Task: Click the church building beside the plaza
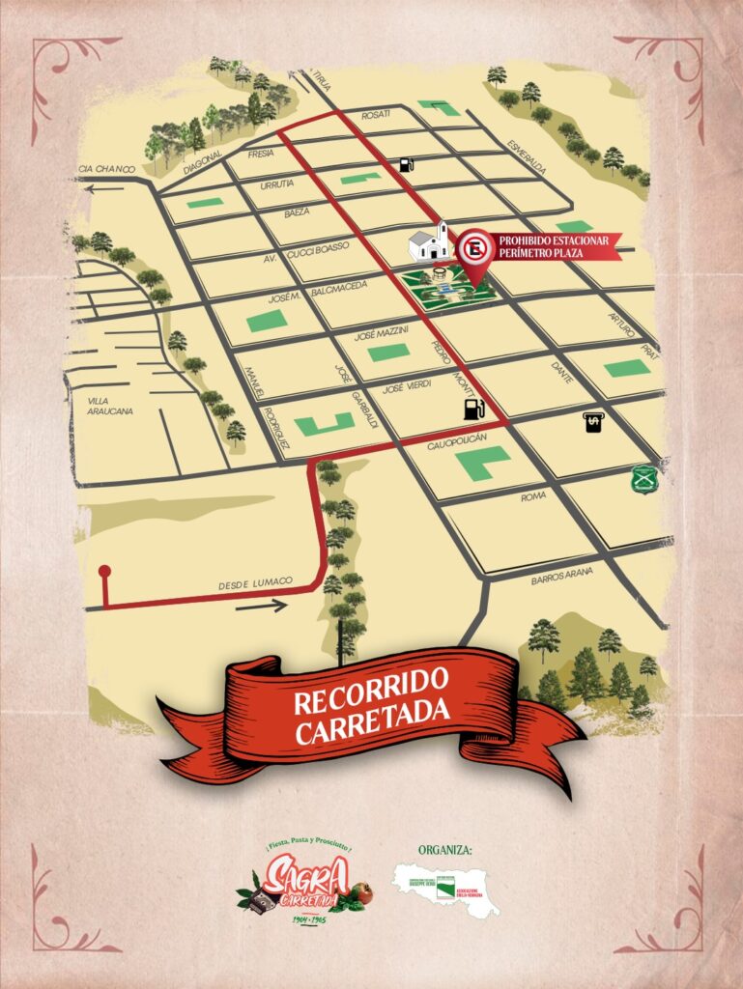(430, 242)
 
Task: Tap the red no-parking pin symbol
(473, 250)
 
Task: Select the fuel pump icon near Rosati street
(407, 163)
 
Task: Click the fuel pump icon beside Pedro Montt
(472, 410)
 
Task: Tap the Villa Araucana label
(110, 405)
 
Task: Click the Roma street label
(533, 495)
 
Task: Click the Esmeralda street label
(528, 155)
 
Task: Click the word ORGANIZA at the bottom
(445, 850)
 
